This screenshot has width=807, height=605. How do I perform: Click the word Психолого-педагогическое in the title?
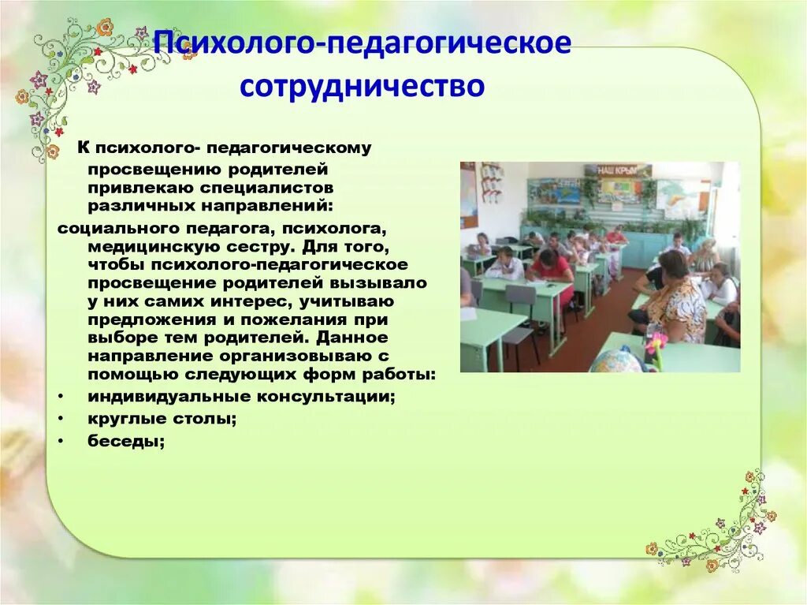[363, 44]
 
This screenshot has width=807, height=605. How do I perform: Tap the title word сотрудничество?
[363, 85]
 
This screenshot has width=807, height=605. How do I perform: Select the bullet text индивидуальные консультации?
[241, 397]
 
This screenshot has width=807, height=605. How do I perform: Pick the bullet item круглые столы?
[162, 420]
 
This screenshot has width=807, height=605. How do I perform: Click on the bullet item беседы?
[126, 442]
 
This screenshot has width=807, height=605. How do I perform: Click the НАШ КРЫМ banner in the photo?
[617, 170]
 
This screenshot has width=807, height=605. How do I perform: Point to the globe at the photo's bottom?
[618, 360]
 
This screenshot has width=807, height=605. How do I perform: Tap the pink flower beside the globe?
[656, 344]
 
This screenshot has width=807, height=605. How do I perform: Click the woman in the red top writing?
[551, 269]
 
